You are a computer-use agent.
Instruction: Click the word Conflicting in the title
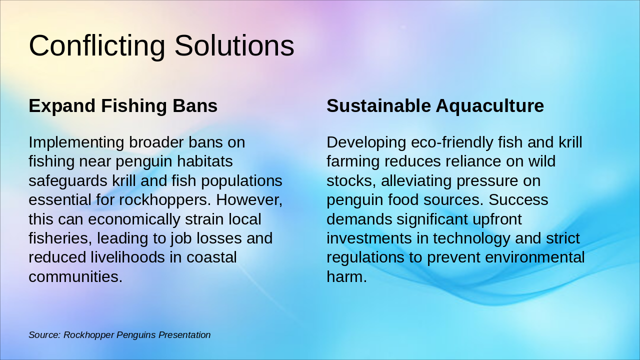coord(96,45)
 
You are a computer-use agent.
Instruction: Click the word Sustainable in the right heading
coord(378,106)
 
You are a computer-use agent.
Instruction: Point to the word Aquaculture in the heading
coord(489,106)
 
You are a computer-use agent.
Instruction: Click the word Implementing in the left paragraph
coord(76,142)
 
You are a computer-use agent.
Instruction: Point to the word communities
coord(75,276)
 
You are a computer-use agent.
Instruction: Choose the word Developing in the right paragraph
coord(366,142)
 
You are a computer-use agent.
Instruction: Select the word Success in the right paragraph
coord(518,200)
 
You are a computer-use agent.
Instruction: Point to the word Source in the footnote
coord(44,335)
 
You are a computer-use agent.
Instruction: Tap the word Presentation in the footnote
coord(184,335)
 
